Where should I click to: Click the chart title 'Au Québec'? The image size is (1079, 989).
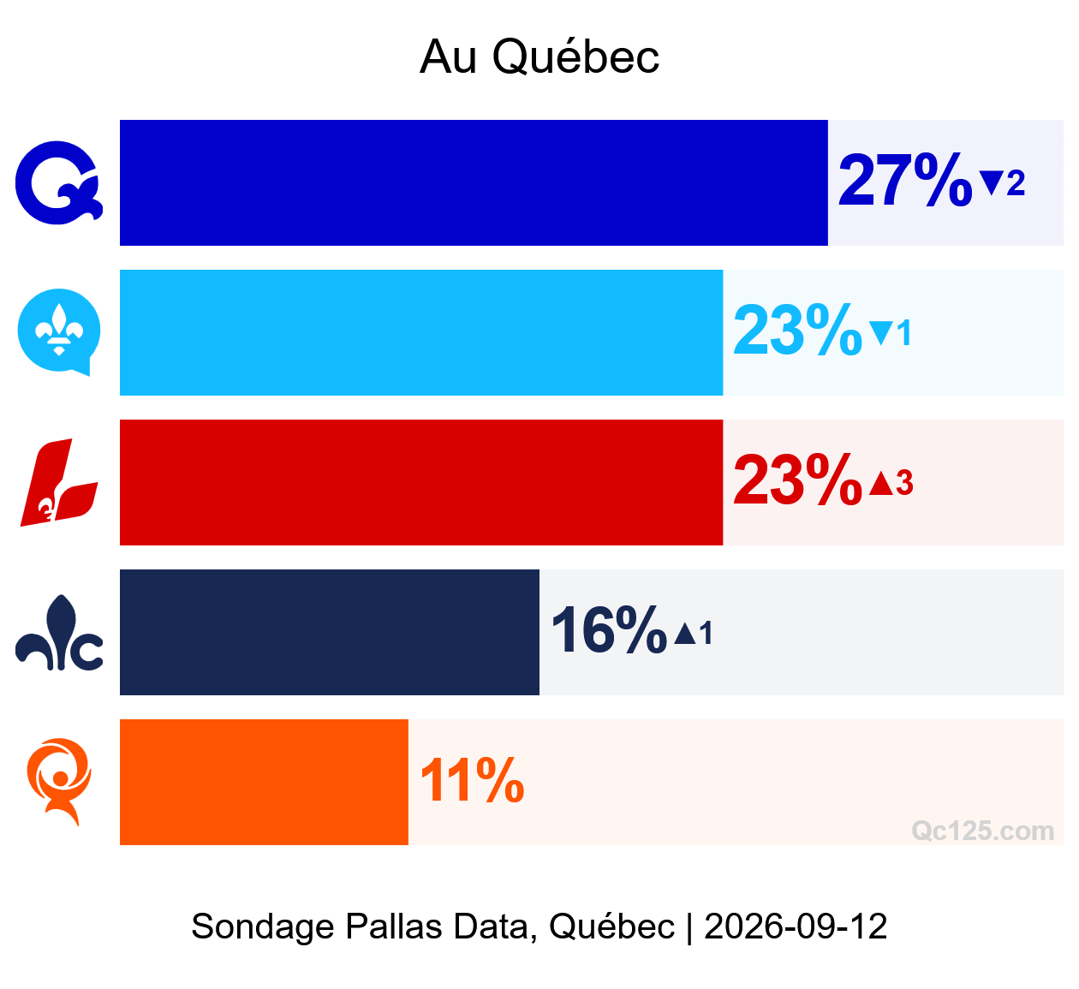pos(539,57)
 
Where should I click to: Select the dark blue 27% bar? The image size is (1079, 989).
pos(474,183)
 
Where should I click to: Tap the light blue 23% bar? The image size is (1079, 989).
pos(421,332)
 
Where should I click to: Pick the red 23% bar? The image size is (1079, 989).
pos(421,483)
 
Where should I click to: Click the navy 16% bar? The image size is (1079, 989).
pos(329,632)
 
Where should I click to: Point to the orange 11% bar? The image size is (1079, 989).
pos(264,783)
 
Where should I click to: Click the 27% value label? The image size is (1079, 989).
pos(905,180)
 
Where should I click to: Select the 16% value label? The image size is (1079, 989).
pos(609,629)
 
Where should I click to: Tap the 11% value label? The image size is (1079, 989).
pos(472,780)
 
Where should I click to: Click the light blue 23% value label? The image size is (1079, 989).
pos(797,330)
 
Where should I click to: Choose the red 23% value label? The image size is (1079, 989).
pos(797,480)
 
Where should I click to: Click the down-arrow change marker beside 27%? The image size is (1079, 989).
pos(1002,183)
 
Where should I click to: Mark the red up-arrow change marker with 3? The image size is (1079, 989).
pos(891,482)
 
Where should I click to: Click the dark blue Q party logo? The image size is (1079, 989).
pos(58,183)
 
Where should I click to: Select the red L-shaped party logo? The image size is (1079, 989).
pos(58,482)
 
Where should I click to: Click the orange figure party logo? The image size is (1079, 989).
pos(58,782)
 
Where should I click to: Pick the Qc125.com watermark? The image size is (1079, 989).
pos(983,831)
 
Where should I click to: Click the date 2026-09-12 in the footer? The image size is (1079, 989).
pos(796,926)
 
